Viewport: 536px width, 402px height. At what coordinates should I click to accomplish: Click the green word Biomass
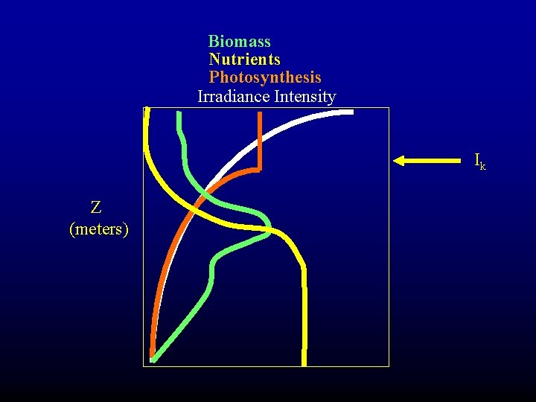pyautogui.click(x=239, y=42)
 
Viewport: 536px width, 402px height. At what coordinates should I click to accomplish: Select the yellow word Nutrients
pyautogui.click(x=244, y=60)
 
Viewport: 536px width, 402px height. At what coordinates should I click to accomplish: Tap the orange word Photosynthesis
pyautogui.click(x=264, y=77)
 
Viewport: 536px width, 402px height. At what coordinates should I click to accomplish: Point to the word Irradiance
pyautogui.click(x=233, y=97)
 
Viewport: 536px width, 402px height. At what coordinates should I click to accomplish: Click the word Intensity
pyautogui.click(x=305, y=97)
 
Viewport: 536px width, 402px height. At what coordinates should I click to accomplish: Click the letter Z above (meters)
pyautogui.click(x=96, y=207)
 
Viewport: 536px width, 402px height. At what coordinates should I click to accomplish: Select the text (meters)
pyautogui.click(x=98, y=229)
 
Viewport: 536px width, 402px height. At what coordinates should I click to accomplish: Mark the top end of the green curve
pyautogui.click(x=179, y=114)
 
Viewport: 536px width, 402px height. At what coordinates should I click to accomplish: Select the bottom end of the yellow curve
pyautogui.click(x=304, y=363)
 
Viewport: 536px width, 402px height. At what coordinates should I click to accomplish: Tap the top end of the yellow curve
pyautogui.click(x=147, y=110)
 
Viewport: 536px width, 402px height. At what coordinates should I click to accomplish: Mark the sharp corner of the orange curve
pyautogui.click(x=258, y=170)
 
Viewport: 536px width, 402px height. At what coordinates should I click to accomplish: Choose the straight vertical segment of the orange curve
pyautogui.click(x=258, y=141)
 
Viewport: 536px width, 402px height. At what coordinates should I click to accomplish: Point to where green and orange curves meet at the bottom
pyautogui.click(x=153, y=358)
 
